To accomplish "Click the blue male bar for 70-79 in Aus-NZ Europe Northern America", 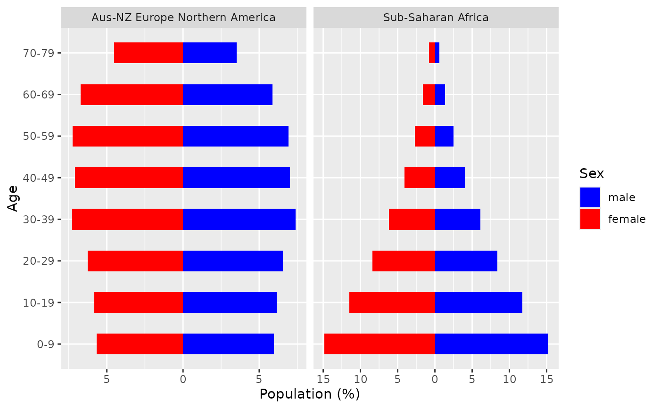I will (209, 53).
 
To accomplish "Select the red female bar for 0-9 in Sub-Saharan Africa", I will (379, 344).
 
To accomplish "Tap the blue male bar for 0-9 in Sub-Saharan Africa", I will (491, 344).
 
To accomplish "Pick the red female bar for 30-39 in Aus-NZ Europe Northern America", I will (127, 219).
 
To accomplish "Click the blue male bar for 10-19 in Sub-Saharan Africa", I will (478, 302).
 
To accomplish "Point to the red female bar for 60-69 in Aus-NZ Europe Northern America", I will (132, 94).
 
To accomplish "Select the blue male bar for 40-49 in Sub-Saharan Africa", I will (450, 178).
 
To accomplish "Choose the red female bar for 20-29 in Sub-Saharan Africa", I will (404, 261).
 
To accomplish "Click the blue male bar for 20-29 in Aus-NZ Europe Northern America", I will (233, 261).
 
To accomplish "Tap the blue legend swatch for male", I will (590, 197).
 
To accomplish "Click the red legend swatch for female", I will (590, 219).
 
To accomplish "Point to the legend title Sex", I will (592, 174).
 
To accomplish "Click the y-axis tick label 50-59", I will (42, 136).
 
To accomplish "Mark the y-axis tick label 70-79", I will (42, 53).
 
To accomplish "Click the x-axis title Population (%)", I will (310, 394).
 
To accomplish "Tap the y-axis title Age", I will (13, 198).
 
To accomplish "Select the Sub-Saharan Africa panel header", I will (436, 18).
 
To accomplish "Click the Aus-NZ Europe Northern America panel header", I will (183, 18).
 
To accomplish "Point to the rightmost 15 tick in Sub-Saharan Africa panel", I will (547, 379).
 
